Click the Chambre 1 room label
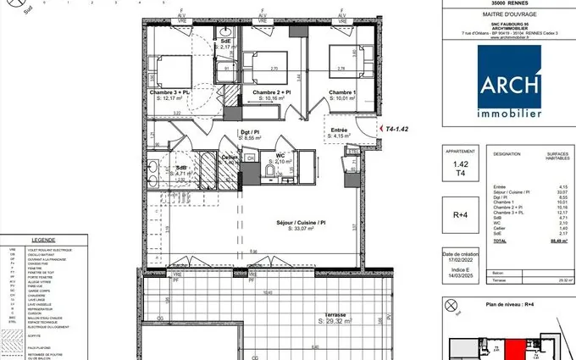(342, 92)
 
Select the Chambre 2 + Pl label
(272, 92)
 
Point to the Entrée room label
(340, 130)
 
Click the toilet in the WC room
(268, 173)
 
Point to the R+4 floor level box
(460, 215)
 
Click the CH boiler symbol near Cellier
(250, 157)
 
